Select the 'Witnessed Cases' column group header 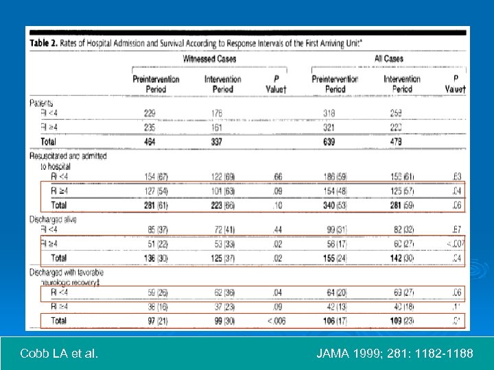tap(209, 59)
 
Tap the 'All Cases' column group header tap(389, 59)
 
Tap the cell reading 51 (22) tap(156, 244)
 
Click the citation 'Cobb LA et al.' tap(59, 354)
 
